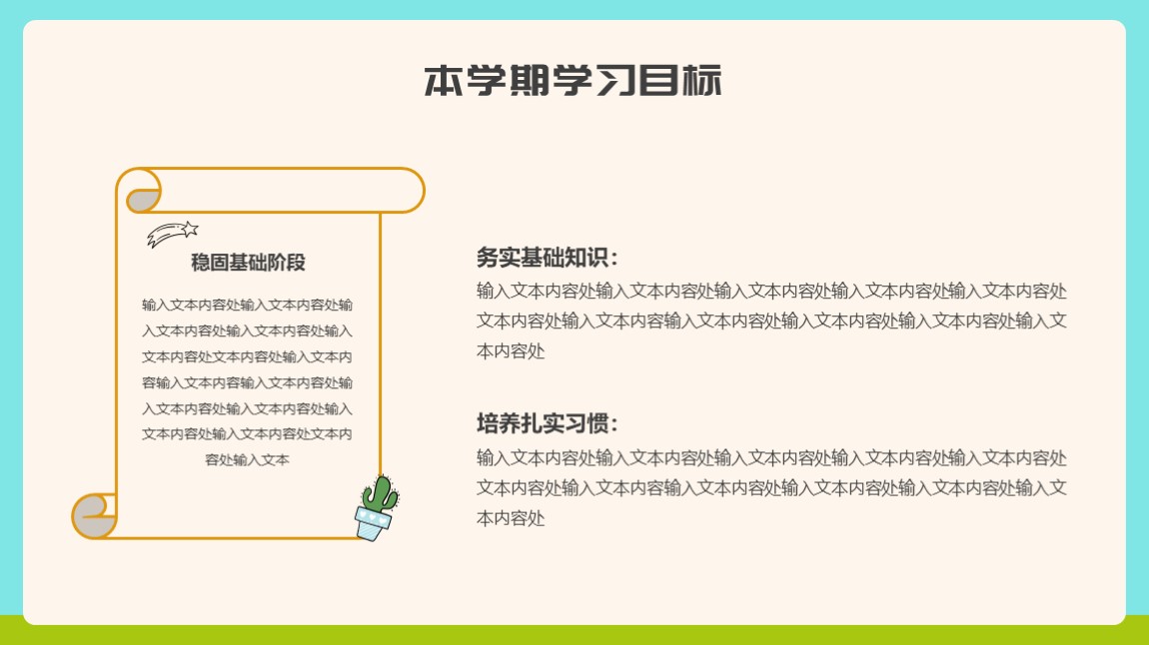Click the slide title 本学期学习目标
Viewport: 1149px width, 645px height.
coord(574,81)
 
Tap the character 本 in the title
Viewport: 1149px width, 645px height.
coord(444,81)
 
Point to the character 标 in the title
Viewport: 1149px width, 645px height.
coord(702,81)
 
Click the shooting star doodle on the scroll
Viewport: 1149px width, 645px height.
coord(172,234)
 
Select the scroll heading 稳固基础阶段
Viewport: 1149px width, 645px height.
coord(248,263)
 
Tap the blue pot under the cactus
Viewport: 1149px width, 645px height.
coord(373,523)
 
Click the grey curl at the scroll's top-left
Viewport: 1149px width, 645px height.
coord(143,200)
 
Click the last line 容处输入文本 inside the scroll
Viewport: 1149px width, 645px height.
coord(247,459)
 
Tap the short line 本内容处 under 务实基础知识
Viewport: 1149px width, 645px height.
coord(511,351)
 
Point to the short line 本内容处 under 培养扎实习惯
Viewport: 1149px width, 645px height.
coord(511,518)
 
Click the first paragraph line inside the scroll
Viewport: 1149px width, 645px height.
coord(247,305)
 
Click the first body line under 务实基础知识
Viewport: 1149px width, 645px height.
coord(771,292)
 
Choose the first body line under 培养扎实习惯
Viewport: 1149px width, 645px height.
coord(771,458)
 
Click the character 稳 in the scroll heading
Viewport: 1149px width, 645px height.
coord(200,263)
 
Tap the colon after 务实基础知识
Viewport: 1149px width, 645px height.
coord(613,259)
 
